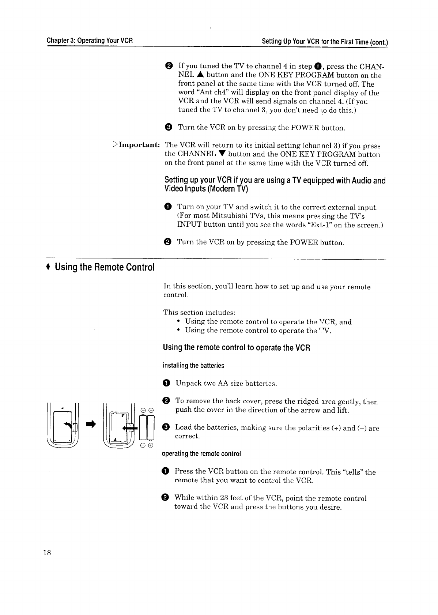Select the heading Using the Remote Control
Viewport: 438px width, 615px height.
[105, 267]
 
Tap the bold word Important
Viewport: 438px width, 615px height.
[139, 145]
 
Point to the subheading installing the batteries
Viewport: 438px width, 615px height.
[193, 366]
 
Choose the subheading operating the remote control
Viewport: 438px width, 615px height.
[201, 454]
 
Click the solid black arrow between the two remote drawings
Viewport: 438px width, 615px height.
[91, 424]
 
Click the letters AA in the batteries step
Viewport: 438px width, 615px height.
[223, 383]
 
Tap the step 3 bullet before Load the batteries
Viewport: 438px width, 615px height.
[166, 428]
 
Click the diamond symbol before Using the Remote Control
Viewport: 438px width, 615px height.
[48, 267]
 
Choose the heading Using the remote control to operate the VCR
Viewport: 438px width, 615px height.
[237, 347]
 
